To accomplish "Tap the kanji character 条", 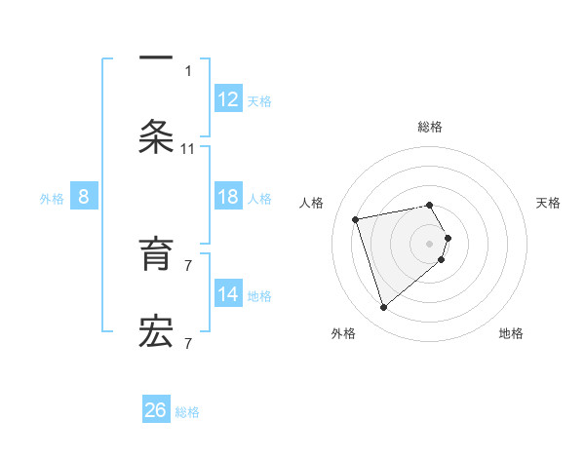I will tap(156, 136).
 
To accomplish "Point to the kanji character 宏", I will tap(156, 332).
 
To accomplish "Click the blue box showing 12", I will tap(228, 99).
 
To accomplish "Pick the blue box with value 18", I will tap(228, 197).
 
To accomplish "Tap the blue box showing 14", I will tap(228, 294).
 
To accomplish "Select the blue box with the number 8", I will tap(84, 197).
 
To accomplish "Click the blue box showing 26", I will tap(156, 410).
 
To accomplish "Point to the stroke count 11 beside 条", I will tap(188, 149).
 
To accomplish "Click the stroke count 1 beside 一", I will tap(188, 70).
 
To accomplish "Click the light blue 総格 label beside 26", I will tap(188, 412).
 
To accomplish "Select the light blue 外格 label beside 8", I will tap(52, 199).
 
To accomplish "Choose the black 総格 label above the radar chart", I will tap(430, 127).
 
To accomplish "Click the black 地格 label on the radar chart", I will tap(511, 333).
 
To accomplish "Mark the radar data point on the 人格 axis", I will tap(356, 218).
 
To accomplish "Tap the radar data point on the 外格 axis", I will tap(384, 308).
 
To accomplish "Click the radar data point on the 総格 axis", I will tap(430, 205).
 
